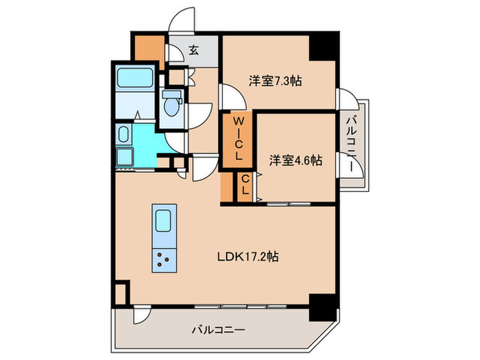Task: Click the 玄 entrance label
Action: [x=194, y=49]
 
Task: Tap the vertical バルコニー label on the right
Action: [x=352, y=145]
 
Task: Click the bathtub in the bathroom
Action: [x=136, y=80]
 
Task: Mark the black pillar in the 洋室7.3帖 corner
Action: [x=323, y=46]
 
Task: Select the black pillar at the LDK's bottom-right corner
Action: [x=322, y=306]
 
